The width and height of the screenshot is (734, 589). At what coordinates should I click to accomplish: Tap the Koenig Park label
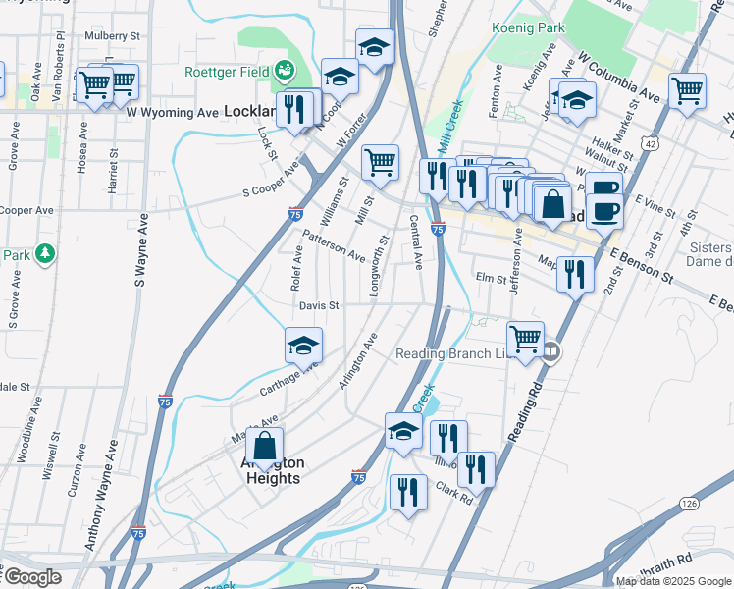[529, 28]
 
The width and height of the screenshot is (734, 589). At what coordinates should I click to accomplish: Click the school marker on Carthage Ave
[303, 345]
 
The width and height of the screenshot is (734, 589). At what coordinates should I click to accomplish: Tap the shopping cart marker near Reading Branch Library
[526, 339]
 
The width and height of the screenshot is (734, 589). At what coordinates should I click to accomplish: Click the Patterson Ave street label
[334, 244]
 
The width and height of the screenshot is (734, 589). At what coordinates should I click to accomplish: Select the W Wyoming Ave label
[172, 113]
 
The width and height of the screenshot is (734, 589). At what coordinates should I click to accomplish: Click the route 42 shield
[652, 143]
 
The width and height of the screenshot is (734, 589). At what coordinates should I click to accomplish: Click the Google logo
[31, 577]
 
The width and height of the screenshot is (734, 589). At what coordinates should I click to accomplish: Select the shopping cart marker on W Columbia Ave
[688, 90]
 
